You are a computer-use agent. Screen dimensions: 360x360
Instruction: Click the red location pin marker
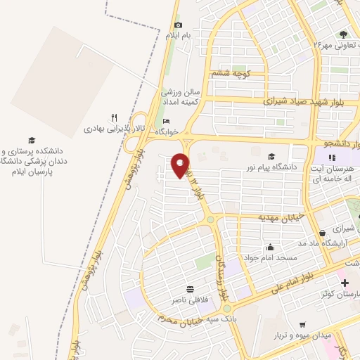[x=181, y=165]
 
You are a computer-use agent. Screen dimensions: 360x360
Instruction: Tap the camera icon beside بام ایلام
[x=178, y=25]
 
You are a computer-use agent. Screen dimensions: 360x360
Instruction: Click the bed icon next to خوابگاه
[x=166, y=121]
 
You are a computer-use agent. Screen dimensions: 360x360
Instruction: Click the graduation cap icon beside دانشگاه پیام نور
[x=271, y=156]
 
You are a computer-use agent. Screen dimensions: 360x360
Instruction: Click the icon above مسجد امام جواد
[x=271, y=247]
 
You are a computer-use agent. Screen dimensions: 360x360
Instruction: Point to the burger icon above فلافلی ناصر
[x=190, y=289]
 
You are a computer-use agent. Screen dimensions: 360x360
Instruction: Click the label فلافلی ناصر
[x=190, y=300]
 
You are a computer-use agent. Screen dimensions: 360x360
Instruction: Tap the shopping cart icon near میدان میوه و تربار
[x=302, y=325]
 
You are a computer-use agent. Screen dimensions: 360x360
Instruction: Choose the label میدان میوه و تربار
[x=324, y=336]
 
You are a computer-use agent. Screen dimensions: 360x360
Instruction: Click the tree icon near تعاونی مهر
[x=343, y=34]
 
